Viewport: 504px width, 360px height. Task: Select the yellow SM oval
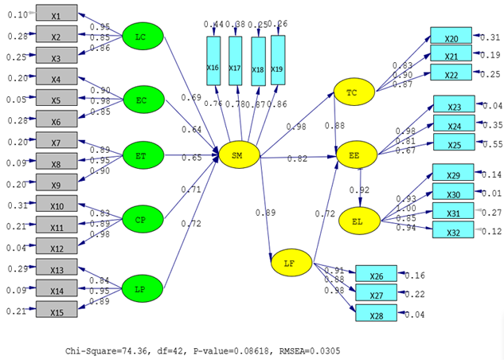237,156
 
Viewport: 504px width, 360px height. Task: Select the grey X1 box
56,14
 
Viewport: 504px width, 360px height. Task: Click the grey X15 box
56,308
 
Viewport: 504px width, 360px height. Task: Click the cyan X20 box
451,37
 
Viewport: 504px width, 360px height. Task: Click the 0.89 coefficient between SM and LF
265,213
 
